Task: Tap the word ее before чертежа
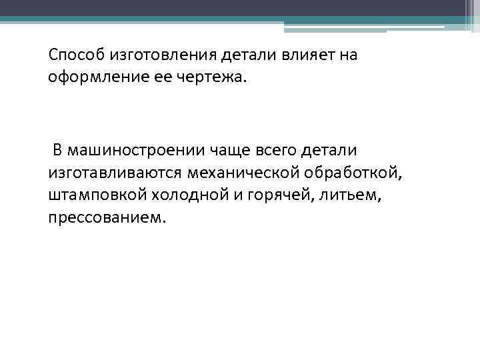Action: tap(163, 77)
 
